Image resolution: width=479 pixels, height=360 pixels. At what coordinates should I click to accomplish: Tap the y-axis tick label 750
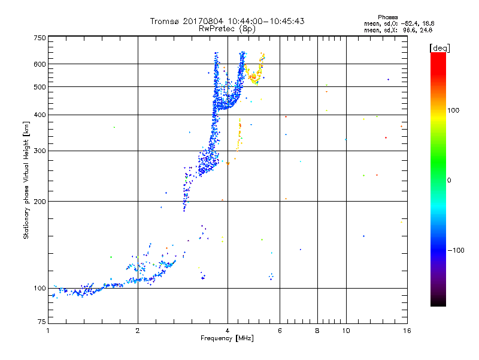tap(39, 38)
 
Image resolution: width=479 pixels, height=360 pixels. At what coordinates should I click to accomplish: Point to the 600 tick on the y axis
tap(39, 64)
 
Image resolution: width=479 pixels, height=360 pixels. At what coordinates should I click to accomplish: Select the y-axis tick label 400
tap(39, 115)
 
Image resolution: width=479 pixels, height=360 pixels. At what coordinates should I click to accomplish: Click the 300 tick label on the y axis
tap(39, 151)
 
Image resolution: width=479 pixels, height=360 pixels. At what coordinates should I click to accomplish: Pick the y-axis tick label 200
tap(39, 202)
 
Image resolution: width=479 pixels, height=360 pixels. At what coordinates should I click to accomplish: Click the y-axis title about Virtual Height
tap(26, 181)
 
